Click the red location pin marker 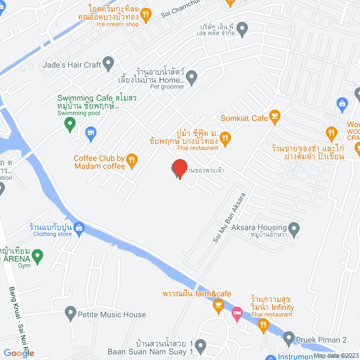[x=179, y=168]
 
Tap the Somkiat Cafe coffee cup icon [x=274, y=118]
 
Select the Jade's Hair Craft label [x=72, y=65]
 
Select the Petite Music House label [x=111, y=315]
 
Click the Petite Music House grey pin [x=70, y=312]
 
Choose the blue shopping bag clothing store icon [x=79, y=228]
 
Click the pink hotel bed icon [x=237, y=313]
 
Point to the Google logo [x=19, y=353]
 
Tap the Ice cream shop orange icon [x=146, y=15]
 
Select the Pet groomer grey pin [x=192, y=78]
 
